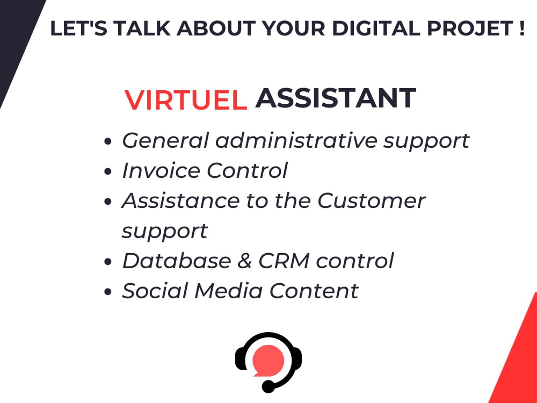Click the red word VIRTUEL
coord(186,100)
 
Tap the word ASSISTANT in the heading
coord(336,98)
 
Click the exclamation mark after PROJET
coord(520,29)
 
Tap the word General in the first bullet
coord(165,141)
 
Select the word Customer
coord(371,201)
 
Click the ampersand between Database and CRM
coord(245,261)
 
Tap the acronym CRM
coord(284,261)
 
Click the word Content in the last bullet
coord(314,291)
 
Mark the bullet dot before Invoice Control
coord(108,172)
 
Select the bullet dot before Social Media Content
coord(108,293)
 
